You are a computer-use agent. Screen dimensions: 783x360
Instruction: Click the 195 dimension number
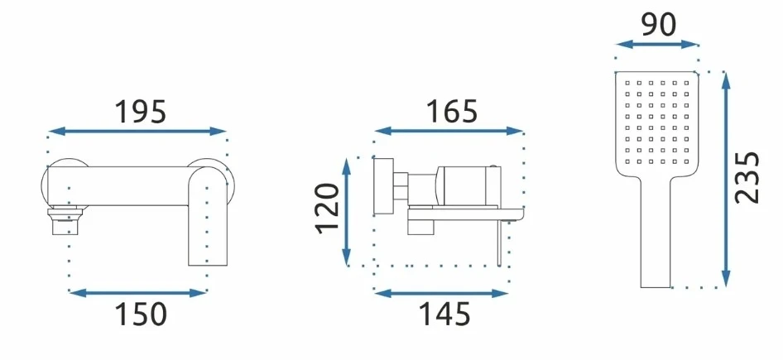click(x=141, y=112)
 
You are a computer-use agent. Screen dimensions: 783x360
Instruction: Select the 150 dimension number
click(x=141, y=314)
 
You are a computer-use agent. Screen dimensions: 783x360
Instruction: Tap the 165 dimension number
click(x=451, y=112)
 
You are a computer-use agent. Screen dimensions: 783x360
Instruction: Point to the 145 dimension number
click(x=444, y=314)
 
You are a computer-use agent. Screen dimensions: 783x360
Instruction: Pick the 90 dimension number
click(x=659, y=25)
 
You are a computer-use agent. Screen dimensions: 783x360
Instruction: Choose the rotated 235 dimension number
click(x=747, y=177)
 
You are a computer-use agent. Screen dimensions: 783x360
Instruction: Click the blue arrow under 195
click(x=138, y=132)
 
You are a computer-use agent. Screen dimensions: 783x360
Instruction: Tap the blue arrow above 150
click(x=138, y=293)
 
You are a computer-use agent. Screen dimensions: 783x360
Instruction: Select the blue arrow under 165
click(x=449, y=131)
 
